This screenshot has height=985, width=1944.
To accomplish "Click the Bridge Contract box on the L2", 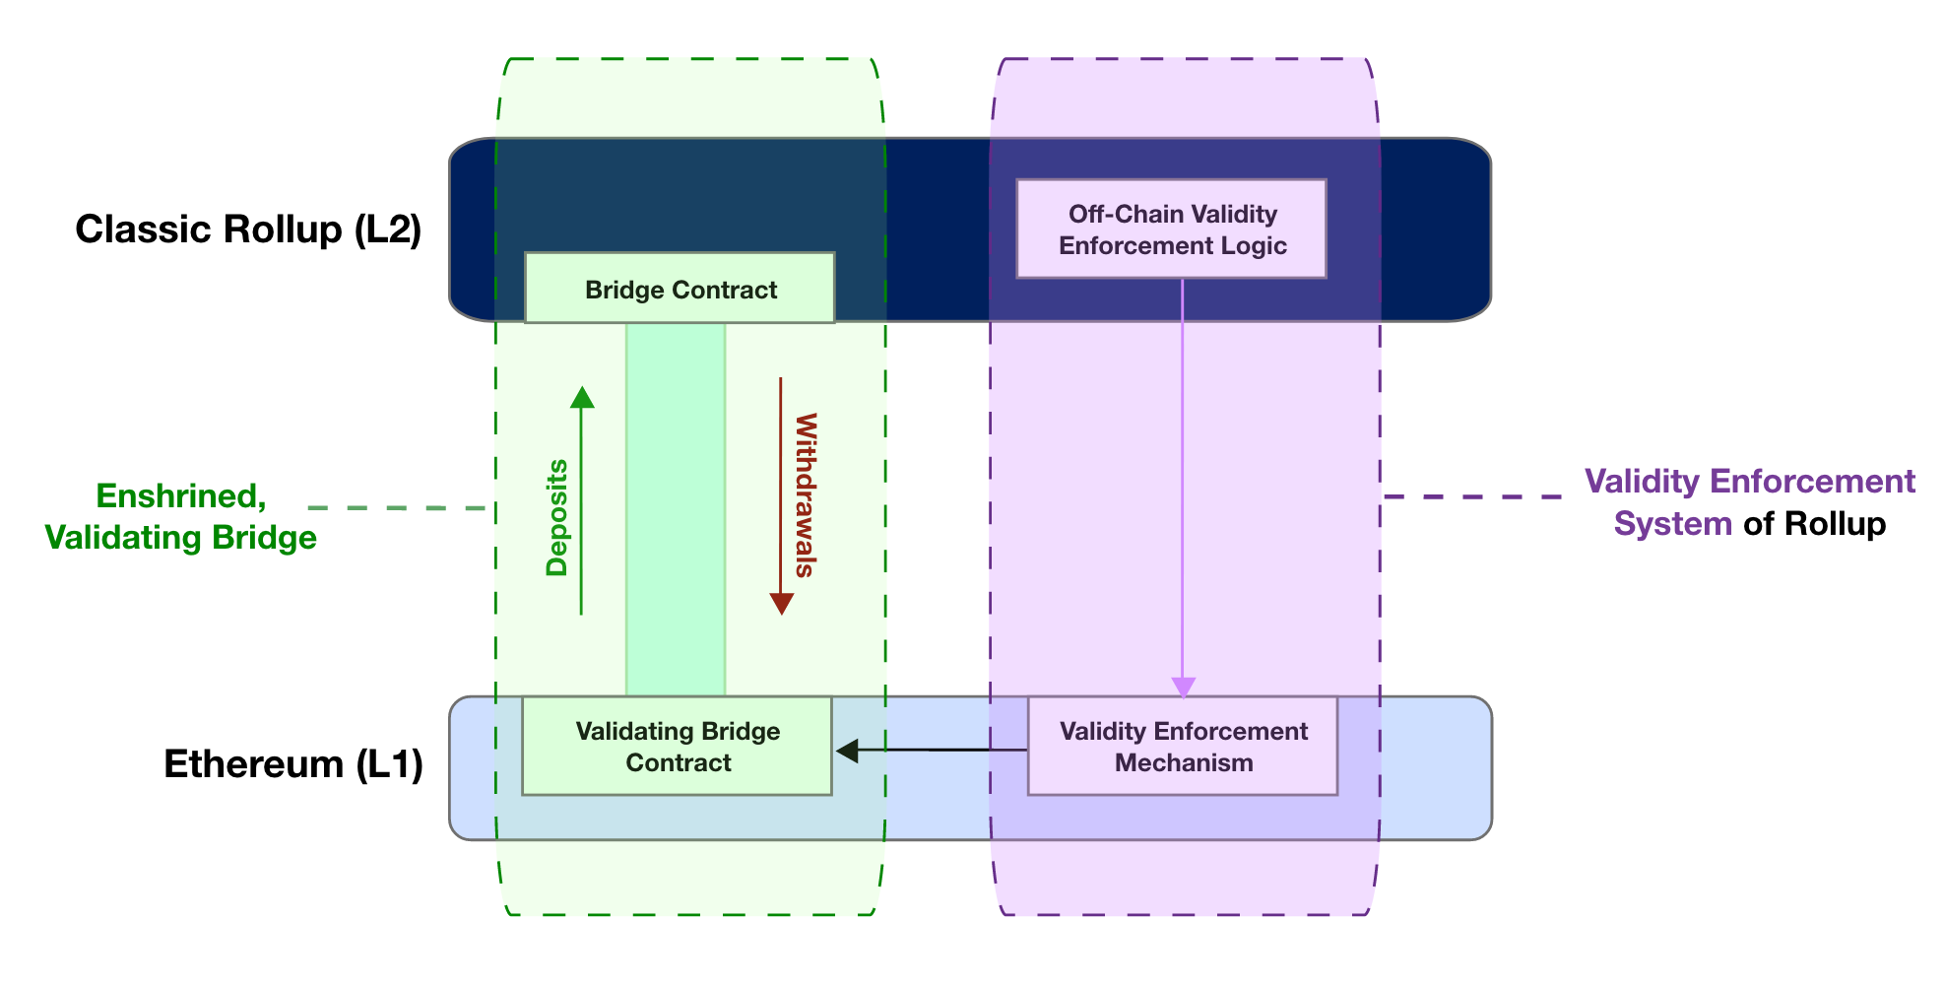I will [680, 289].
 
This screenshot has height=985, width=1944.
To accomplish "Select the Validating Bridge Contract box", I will [677, 747].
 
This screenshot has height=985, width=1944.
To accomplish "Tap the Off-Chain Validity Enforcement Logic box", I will [1171, 230].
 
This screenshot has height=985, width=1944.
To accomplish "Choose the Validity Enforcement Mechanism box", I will [1182, 747].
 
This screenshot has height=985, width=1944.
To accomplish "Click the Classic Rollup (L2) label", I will [248, 230].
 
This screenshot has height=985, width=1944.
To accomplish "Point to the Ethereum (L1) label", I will [292, 764].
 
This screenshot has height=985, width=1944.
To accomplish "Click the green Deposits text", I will [557, 517].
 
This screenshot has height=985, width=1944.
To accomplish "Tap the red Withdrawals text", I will [806, 494].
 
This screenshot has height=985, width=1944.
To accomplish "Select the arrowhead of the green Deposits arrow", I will [582, 397].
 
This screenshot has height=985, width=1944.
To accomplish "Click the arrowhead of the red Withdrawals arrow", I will [781, 604].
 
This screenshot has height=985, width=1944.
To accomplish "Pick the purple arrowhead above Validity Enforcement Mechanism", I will [1183, 687].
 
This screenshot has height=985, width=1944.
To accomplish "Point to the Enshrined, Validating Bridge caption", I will [181, 517].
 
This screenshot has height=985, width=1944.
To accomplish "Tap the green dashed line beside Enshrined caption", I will [398, 508].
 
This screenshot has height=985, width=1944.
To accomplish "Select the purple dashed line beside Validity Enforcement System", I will [1472, 496].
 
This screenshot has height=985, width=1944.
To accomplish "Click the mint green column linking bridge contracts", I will [676, 508].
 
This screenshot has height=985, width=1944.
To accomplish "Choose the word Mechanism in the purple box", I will [1183, 763].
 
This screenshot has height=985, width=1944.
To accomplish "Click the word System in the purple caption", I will [1672, 524].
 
